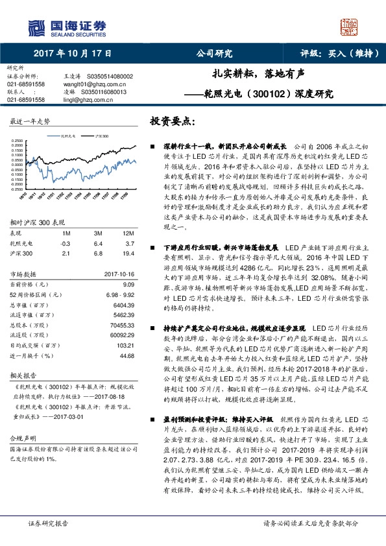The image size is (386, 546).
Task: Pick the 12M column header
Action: (x=128, y=232)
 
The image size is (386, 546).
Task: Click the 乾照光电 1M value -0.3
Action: (x=65, y=243)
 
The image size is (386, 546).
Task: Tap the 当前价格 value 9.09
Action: (x=128, y=284)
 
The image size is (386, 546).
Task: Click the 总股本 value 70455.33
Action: (x=123, y=324)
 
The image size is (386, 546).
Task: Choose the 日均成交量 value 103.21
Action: (x=125, y=346)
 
